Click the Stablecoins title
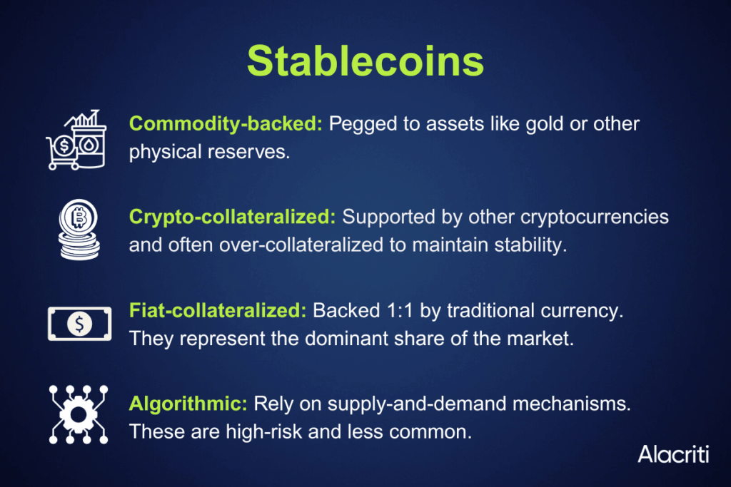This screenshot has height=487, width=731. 365,61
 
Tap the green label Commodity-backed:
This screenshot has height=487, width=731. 226,124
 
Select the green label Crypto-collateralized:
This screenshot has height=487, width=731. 232,217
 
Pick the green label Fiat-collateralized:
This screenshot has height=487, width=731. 218,310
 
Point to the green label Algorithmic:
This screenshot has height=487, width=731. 188,404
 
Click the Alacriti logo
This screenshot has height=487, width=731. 673,454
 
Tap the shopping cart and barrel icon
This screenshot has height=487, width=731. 76,140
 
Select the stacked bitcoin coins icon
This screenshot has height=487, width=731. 79,230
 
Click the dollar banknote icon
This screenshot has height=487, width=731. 80,324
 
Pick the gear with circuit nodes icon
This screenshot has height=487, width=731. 79,414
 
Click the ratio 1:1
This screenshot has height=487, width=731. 400,311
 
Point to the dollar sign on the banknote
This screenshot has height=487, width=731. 80,324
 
